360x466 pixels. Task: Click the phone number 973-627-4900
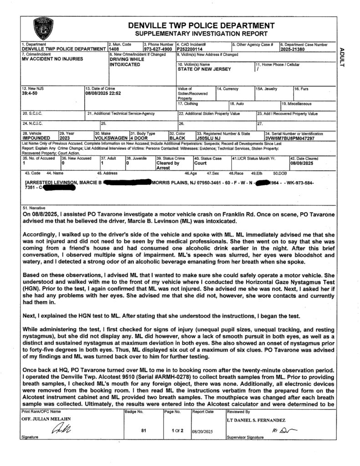click(158, 49)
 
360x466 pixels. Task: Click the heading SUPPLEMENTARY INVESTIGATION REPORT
click(201, 34)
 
